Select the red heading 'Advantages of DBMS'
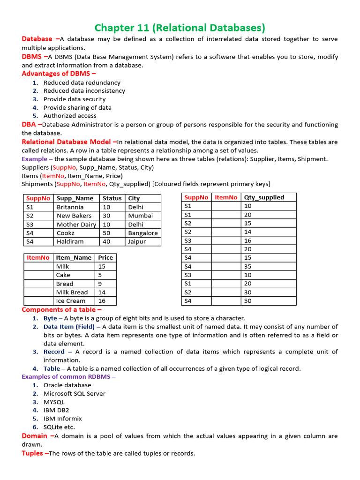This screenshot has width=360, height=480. pyautogui.click(x=59, y=74)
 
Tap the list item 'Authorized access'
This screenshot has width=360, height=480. pyautogui.click(x=70, y=116)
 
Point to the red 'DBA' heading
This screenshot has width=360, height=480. pyautogui.click(x=31, y=124)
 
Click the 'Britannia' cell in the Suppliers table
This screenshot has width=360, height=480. pyautogui.click(x=70, y=207)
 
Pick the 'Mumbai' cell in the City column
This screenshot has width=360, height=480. pyautogui.click(x=140, y=216)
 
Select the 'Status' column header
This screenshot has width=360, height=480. pyautogui.click(x=112, y=198)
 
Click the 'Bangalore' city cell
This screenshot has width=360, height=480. pyautogui.click(x=142, y=233)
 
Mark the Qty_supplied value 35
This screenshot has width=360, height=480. pyautogui.click(x=248, y=266)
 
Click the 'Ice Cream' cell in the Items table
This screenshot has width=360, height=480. pyautogui.click(x=70, y=301)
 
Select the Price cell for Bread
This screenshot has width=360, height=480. pyautogui.click(x=100, y=284)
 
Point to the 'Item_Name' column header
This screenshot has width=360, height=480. pyautogui.click(x=74, y=257)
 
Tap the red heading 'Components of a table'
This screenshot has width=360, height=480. pyautogui.click(x=61, y=309)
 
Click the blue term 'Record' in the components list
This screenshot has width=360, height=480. pyautogui.click(x=54, y=352)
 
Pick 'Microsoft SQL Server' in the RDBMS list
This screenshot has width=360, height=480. pyautogui.click(x=74, y=394)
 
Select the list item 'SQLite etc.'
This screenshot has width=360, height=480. pyautogui.click(x=59, y=427)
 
